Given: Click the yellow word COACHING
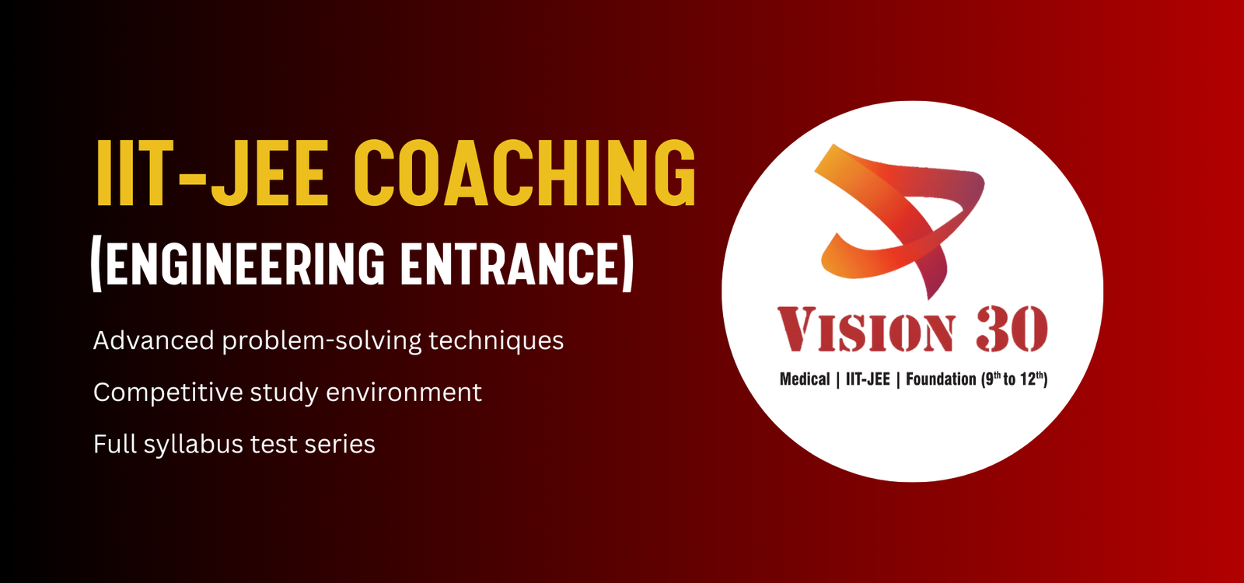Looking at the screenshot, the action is (x=525, y=173).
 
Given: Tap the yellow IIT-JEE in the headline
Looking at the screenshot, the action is (x=211, y=173).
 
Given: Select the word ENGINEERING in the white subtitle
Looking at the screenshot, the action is (x=245, y=264).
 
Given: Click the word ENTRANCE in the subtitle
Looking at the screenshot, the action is (x=509, y=264).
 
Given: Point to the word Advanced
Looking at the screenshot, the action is (x=153, y=340).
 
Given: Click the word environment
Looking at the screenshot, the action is (x=404, y=393).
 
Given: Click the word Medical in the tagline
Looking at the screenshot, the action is (x=805, y=379).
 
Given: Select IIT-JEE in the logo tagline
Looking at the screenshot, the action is (x=868, y=379).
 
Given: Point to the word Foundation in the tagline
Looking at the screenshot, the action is (x=941, y=379).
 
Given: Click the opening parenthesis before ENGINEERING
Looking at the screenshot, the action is (x=96, y=264).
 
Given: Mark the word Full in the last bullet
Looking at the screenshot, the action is (x=115, y=444).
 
